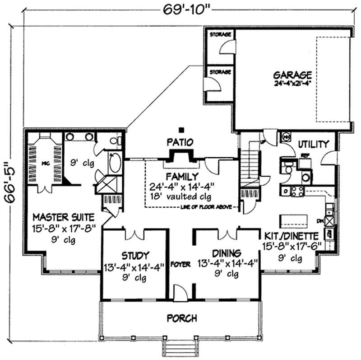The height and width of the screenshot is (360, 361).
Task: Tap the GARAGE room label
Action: [x=292, y=75]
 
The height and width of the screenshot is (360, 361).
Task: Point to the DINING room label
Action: [x=227, y=253]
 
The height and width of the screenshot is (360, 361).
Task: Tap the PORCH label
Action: [x=181, y=318]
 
